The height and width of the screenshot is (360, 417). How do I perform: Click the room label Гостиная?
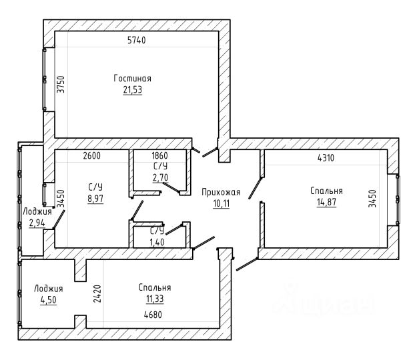(x=133, y=79)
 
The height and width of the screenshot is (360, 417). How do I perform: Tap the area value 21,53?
(x=133, y=90)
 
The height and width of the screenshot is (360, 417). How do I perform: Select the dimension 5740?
(x=137, y=40)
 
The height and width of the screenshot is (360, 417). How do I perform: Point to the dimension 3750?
(x=61, y=84)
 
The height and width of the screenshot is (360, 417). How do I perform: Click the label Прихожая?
(x=221, y=192)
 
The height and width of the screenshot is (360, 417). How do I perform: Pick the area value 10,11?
(x=221, y=203)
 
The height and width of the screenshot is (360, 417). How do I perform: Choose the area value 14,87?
(x=326, y=202)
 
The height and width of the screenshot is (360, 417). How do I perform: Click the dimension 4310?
(x=326, y=158)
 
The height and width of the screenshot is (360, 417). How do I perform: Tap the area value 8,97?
(x=95, y=199)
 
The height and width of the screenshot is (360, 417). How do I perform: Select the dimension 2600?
(x=92, y=155)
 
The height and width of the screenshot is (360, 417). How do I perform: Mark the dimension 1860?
(x=159, y=155)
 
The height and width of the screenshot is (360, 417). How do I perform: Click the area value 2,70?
(x=160, y=177)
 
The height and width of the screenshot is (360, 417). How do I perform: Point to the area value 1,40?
(x=157, y=242)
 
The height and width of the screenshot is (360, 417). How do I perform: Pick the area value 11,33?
(x=155, y=299)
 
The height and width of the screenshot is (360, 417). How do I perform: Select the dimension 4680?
(x=153, y=315)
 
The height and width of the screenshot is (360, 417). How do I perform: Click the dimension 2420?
(x=97, y=294)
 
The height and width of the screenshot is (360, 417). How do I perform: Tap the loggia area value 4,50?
(x=49, y=300)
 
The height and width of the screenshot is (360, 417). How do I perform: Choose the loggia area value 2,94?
(x=37, y=223)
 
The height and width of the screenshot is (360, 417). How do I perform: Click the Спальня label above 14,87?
(x=326, y=191)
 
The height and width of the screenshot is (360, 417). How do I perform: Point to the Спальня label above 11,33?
(x=155, y=287)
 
